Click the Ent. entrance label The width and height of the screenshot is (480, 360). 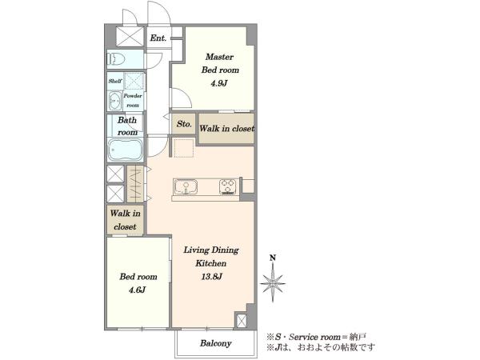[x=158, y=38]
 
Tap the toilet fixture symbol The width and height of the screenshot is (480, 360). [x=116, y=58]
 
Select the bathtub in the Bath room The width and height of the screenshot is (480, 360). [x=126, y=150]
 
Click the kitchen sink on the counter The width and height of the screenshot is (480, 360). [x=186, y=186]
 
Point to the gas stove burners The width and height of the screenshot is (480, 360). [x=228, y=186]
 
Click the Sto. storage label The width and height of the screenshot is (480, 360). [x=184, y=124]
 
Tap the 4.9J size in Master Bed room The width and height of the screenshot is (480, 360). [x=219, y=83]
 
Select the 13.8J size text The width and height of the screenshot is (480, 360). [x=211, y=277]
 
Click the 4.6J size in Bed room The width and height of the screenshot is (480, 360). [x=137, y=290]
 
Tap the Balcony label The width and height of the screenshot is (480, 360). [x=215, y=343]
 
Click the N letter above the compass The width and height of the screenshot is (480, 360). [x=273, y=258]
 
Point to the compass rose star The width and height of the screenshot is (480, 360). [x=273, y=283]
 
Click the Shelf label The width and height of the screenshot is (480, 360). [x=115, y=81]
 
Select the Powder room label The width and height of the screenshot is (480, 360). [x=133, y=100]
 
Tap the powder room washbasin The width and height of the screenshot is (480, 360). [x=115, y=101]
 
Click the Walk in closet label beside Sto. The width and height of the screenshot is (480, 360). [x=227, y=128]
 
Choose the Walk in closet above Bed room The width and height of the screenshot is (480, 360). [x=126, y=220]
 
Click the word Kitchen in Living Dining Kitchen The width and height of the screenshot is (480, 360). [x=211, y=263]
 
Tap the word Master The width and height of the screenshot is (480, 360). [x=219, y=57]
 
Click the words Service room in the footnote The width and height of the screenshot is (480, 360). [x=314, y=337]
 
